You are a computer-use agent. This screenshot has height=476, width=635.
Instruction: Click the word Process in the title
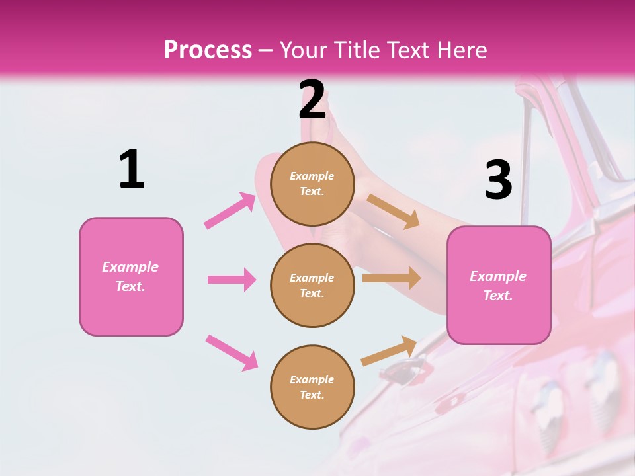point(208,50)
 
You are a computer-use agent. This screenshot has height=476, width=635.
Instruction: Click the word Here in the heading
point(458,50)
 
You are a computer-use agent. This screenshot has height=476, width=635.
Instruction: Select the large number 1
point(132,169)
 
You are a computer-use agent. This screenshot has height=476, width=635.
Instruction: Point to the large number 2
point(312,100)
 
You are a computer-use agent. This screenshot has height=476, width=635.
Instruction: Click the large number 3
point(498,180)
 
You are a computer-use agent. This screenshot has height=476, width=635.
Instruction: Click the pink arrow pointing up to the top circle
point(230,211)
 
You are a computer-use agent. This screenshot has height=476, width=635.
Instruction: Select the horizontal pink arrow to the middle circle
point(232,280)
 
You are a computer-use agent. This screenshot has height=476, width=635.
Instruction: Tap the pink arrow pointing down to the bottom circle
point(232,352)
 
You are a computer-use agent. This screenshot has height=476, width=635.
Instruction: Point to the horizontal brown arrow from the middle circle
point(392,278)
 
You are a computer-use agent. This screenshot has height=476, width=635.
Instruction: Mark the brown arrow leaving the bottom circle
point(389,350)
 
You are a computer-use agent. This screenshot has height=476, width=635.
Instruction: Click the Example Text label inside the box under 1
point(130,276)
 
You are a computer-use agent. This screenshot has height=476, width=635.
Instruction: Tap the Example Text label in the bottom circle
point(312,387)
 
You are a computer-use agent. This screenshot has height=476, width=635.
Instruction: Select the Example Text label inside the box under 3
point(498,286)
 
